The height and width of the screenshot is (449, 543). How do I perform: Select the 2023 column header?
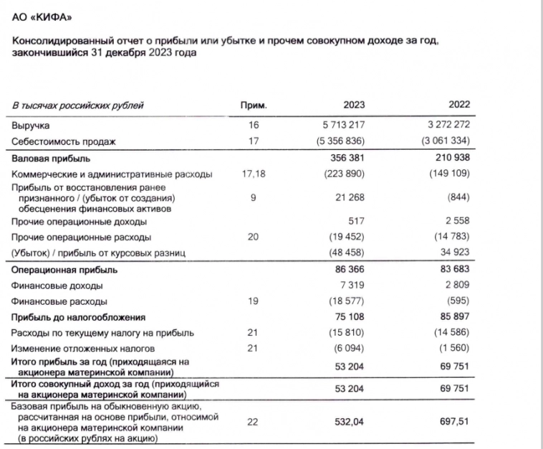(x=353, y=106)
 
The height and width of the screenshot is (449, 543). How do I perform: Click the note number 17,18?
(x=254, y=174)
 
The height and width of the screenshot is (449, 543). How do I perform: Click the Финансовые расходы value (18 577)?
(x=347, y=301)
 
